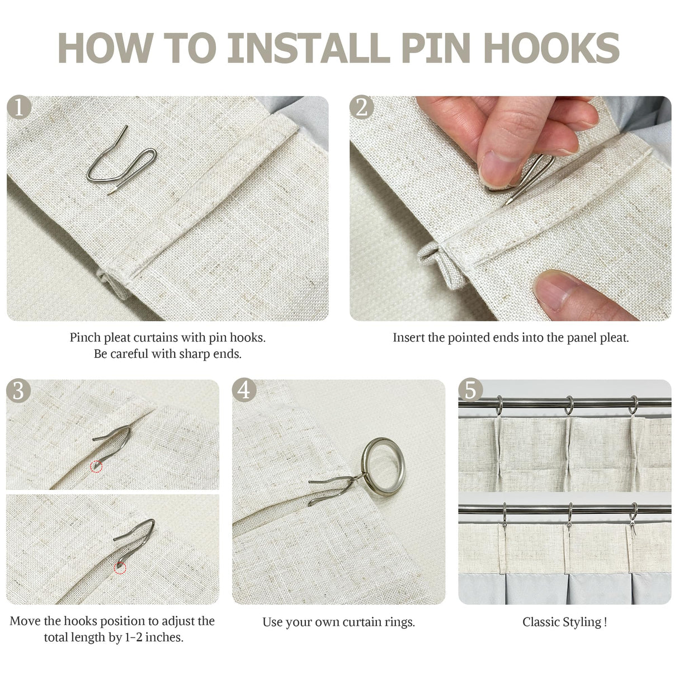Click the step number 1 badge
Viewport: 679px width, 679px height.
tap(18, 107)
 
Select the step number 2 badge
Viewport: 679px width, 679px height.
tap(361, 107)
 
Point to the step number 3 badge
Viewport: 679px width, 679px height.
tap(18, 390)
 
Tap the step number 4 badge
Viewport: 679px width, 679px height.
tap(244, 390)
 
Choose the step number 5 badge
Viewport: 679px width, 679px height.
tap(470, 390)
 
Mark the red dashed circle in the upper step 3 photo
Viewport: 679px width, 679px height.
tap(96, 466)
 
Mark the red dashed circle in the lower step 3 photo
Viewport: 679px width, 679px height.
tap(120, 568)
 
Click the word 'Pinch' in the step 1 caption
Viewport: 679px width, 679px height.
tap(85, 338)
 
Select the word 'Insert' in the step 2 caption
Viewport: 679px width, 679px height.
tap(408, 338)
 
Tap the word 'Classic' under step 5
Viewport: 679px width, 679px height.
tap(540, 621)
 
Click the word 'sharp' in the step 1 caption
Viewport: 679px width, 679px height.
tap(194, 354)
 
